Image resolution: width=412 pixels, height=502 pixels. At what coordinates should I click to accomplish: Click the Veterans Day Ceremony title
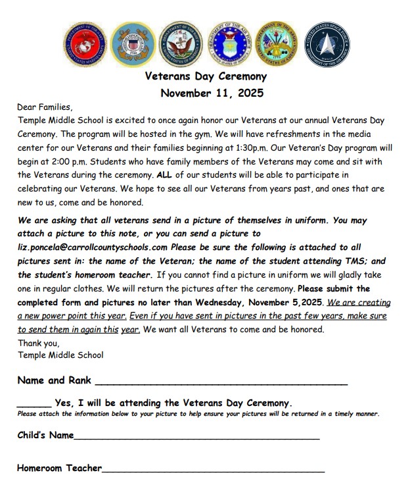coord(206,77)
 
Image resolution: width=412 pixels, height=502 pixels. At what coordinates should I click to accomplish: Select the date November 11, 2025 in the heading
coord(212,93)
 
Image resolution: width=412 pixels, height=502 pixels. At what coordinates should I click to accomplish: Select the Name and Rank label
coord(54,380)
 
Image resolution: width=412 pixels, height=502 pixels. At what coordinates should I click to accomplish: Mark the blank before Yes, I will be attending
coord(34,403)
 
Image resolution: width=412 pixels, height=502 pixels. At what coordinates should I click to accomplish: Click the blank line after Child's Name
coord(196,436)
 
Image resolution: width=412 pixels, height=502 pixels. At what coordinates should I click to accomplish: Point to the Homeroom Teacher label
coord(59,468)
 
